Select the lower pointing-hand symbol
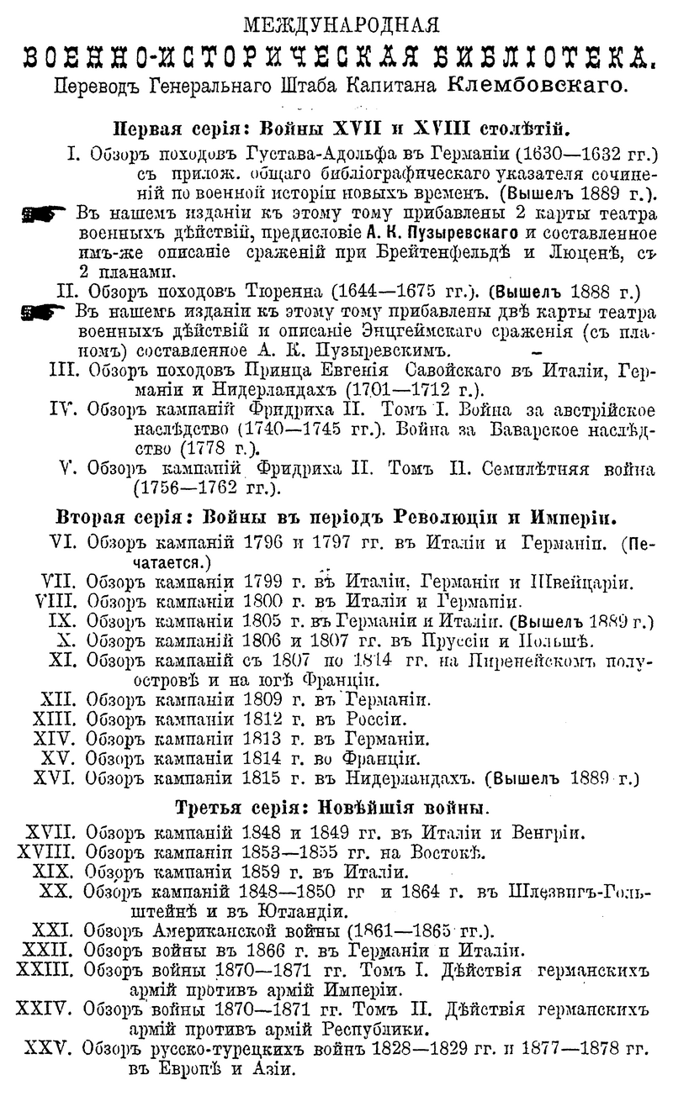point(44,313)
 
